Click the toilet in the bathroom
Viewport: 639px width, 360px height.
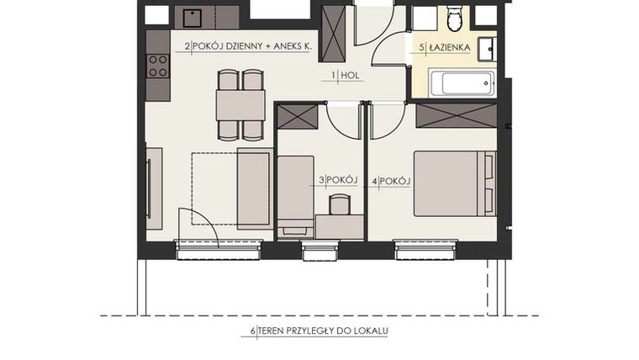pyautogui.click(x=454, y=18)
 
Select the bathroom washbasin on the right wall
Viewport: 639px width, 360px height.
pyautogui.click(x=487, y=49)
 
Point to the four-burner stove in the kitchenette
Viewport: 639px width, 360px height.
pyautogui.click(x=157, y=66)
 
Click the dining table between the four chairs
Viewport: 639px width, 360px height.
pyautogui.click(x=240, y=105)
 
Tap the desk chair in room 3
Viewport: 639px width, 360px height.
pyautogui.click(x=340, y=205)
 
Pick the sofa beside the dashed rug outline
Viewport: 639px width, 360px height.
pyautogui.click(x=255, y=188)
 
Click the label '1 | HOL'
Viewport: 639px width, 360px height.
pyautogui.click(x=346, y=76)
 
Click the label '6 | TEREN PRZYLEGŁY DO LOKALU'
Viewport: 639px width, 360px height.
pyautogui.click(x=319, y=331)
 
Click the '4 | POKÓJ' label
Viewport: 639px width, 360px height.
pyautogui.click(x=390, y=180)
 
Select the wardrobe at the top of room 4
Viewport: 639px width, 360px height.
pyautogui.click(x=456, y=114)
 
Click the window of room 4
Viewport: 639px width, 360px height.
pyautogui.click(x=425, y=246)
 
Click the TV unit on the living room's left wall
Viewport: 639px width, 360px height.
pyautogui.click(x=153, y=188)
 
